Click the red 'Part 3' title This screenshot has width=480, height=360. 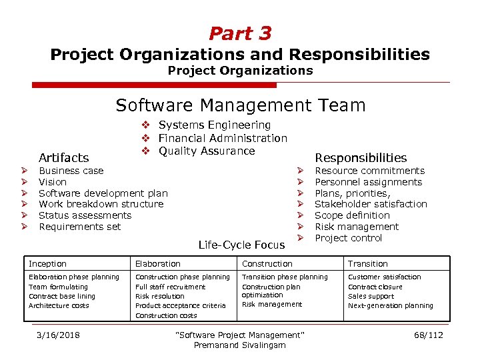(240, 33)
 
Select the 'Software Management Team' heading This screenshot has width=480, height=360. (240, 105)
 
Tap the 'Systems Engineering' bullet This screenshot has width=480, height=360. (214, 125)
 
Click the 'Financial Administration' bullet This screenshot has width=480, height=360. (222, 138)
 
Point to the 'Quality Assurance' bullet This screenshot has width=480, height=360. (206, 151)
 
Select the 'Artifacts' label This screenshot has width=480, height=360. (64, 158)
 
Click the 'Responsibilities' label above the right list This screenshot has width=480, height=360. (361, 158)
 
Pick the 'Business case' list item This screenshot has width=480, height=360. (71, 171)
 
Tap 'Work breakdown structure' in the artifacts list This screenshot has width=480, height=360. (101, 204)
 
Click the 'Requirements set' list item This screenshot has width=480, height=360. (79, 227)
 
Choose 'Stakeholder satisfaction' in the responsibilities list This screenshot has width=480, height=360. (371, 204)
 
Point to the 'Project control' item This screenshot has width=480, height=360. (348, 238)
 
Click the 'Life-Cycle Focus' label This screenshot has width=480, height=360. (241, 245)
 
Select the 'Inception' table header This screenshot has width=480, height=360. (47, 264)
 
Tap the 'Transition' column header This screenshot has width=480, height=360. (367, 264)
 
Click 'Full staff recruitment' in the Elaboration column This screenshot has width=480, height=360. (170, 287)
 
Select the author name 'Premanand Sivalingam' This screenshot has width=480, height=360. (239, 345)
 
